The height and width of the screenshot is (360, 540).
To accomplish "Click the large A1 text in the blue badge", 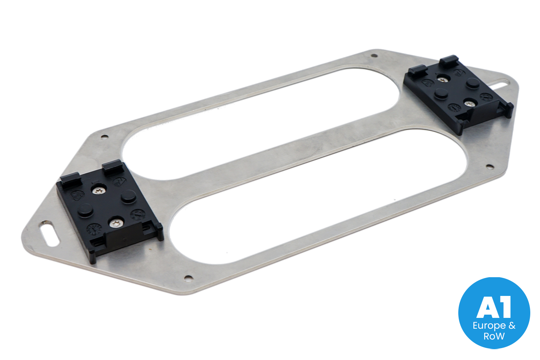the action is coord(494,307).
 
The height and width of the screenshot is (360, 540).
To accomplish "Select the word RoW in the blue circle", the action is coord(494,336).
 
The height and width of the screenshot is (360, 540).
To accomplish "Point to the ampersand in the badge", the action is coord(512,325).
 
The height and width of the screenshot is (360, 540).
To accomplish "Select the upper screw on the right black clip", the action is coord(442,79).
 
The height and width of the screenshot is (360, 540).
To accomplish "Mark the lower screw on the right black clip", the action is coord(469,104).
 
